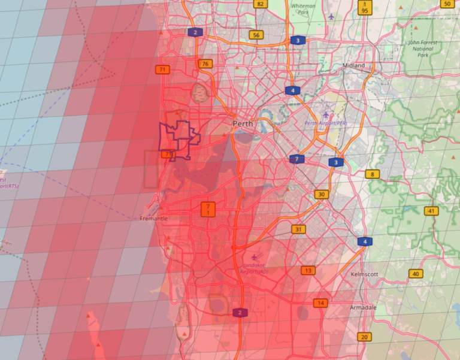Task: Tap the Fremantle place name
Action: [154, 219]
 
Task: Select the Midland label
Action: [353, 65]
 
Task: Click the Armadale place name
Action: [363, 307]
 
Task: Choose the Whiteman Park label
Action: [302, 8]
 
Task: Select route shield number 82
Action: [259, 4]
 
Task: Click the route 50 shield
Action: [447, 4]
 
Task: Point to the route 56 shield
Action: [256, 35]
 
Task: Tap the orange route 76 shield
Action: [205, 64]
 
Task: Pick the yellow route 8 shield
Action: [372, 174]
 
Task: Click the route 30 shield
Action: [322, 194]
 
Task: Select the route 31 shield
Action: [298, 229]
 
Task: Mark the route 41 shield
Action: [431, 211]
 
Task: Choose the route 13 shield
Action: [308, 271]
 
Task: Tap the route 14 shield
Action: [322, 303]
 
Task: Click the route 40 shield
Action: [415, 274]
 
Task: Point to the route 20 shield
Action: [364, 337]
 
